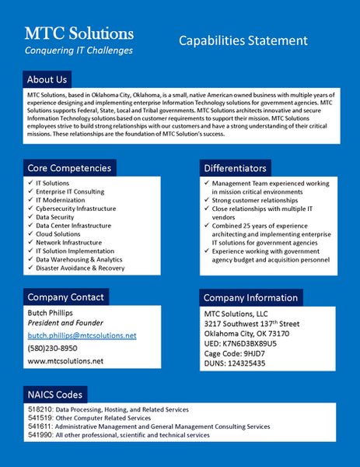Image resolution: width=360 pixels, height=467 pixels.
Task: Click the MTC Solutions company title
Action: (79, 33)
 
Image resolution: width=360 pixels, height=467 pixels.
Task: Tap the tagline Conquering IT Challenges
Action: (79, 51)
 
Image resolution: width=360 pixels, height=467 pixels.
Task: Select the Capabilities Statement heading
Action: (243, 40)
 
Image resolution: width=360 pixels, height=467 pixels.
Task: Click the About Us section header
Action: (47, 79)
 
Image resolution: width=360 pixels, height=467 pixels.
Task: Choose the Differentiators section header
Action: (236, 168)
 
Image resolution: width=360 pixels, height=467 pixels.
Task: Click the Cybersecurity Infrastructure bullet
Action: (76, 209)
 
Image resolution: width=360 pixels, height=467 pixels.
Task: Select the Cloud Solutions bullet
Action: (58, 234)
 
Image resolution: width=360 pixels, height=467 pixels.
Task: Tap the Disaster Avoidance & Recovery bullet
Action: (80, 268)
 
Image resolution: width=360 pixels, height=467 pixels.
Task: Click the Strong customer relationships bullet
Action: (254, 200)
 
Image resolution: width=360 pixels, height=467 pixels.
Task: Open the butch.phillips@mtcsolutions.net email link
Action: (82, 335)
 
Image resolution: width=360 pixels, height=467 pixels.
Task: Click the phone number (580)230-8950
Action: (52, 348)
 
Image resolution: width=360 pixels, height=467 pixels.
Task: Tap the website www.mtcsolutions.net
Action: (65, 361)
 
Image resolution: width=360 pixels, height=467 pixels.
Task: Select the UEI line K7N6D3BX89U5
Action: (239, 343)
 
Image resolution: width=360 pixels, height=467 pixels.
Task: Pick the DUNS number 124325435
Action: (234, 363)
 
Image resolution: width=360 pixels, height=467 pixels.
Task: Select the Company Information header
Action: (250, 297)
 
